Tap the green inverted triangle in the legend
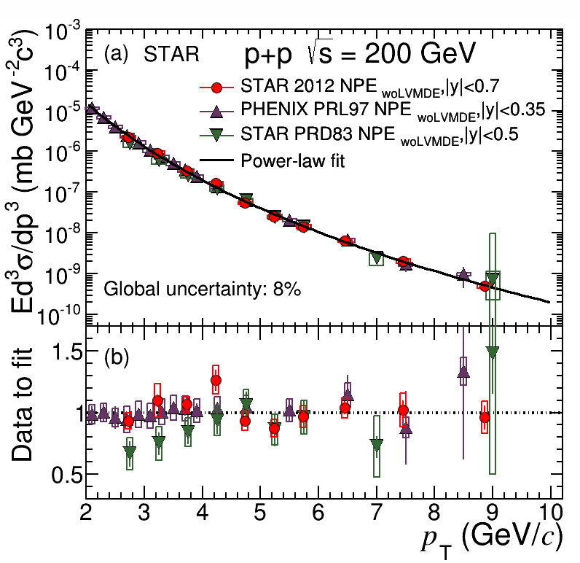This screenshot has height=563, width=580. coord(216,134)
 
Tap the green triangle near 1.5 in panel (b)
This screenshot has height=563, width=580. coord(493,352)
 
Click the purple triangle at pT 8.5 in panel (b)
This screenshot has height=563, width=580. coord(463,372)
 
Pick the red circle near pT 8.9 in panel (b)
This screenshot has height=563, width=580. coord(485,417)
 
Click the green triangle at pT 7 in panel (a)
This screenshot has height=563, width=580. coord(377,257)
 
